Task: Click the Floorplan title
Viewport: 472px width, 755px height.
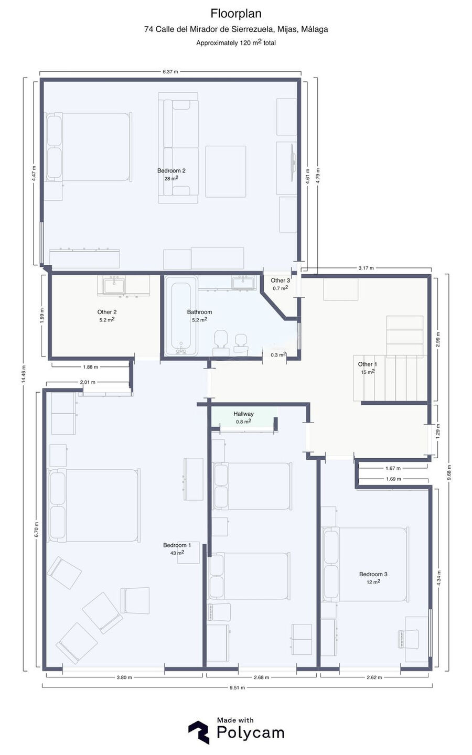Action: (236, 14)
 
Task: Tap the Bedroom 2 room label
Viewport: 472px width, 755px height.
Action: (171, 170)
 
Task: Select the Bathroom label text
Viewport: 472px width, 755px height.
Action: (200, 312)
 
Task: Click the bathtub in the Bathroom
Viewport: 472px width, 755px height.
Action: (181, 316)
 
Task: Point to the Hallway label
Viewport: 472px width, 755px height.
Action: (243, 414)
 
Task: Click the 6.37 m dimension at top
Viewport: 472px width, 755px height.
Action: (170, 71)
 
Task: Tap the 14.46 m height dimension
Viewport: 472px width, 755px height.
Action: (23, 374)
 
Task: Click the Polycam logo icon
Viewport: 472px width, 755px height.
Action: (199, 732)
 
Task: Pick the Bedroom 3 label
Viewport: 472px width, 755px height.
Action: (373, 574)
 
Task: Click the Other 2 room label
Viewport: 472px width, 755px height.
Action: (107, 312)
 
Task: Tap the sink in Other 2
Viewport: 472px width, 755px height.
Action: (114, 285)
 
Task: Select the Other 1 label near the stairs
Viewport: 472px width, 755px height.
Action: (368, 364)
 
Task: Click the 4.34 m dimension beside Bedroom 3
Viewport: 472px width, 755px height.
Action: (438, 578)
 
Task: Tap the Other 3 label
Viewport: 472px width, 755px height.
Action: (280, 280)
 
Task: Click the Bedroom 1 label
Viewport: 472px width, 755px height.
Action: (177, 545)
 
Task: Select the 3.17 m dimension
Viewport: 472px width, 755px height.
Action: (366, 268)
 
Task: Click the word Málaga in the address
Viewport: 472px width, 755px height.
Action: (314, 29)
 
